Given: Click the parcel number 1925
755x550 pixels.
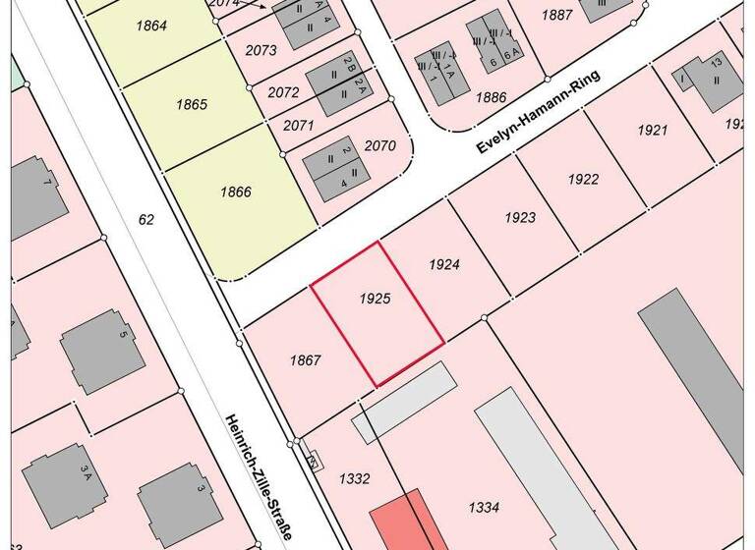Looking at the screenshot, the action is tap(376, 298).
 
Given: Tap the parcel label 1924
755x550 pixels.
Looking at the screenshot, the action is tap(444, 264).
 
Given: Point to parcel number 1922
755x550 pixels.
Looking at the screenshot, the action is tap(583, 179).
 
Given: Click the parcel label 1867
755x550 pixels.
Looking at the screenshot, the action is tap(306, 360).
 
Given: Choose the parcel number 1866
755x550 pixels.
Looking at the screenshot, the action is tap(236, 192).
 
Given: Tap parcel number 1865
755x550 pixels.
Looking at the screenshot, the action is tap(192, 104).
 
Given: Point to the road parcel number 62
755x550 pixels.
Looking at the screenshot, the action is tap(146, 220).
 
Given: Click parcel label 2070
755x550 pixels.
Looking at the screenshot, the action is tap(379, 146).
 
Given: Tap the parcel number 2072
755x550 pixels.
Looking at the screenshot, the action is tap(283, 92).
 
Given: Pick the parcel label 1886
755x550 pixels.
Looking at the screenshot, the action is tap(491, 97).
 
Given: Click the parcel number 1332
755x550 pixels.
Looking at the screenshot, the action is tap(354, 478).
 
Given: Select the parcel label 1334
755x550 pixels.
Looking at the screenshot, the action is tap(484, 507).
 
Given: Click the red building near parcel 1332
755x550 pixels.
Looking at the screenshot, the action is tap(402, 521).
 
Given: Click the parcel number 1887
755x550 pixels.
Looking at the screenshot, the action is tap(557, 15).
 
